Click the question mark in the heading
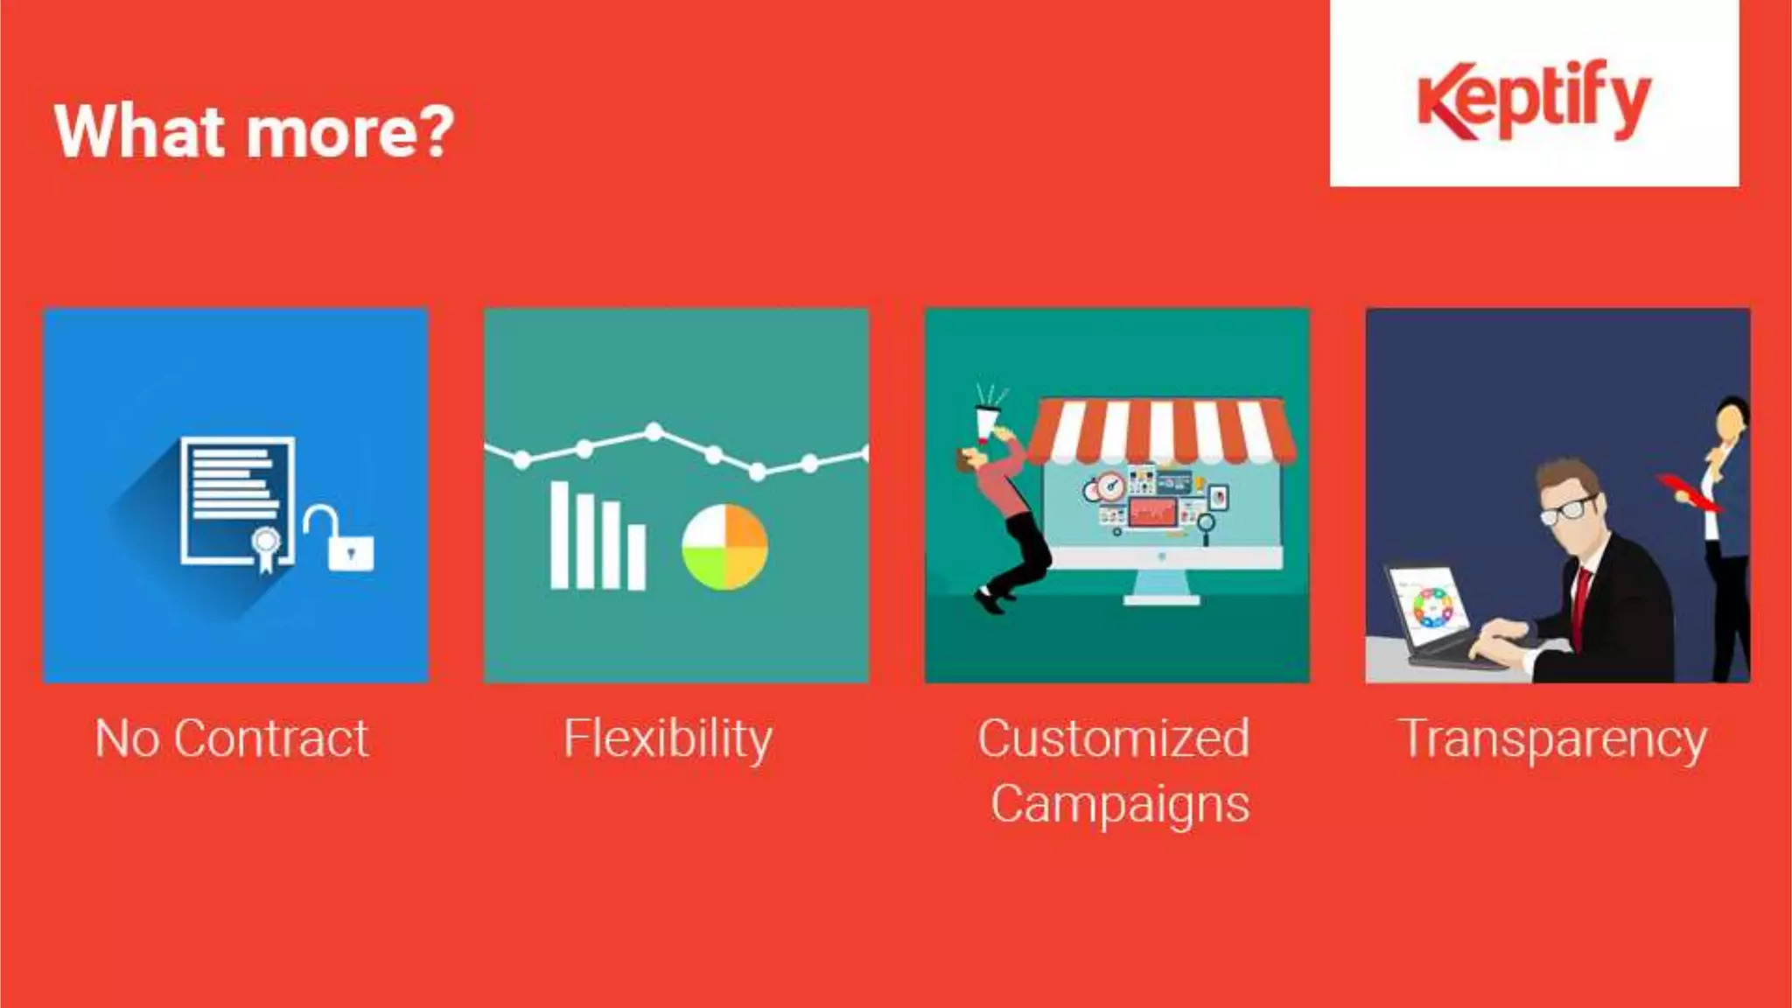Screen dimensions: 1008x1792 coord(437,131)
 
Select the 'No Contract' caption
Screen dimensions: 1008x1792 coord(232,738)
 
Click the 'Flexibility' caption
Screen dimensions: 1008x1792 coord(668,738)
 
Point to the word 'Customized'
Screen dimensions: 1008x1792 coord(1113,738)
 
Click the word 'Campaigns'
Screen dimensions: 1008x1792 coord(1119,804)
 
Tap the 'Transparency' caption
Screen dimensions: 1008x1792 coord(1554,740)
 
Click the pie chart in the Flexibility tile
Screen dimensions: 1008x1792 coord(724,547)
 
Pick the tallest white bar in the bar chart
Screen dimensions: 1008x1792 coord(559,535)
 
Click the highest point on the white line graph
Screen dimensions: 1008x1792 coord(654,430)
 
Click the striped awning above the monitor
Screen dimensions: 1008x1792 coord(1160,430)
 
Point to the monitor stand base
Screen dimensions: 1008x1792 coord(1161,599)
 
